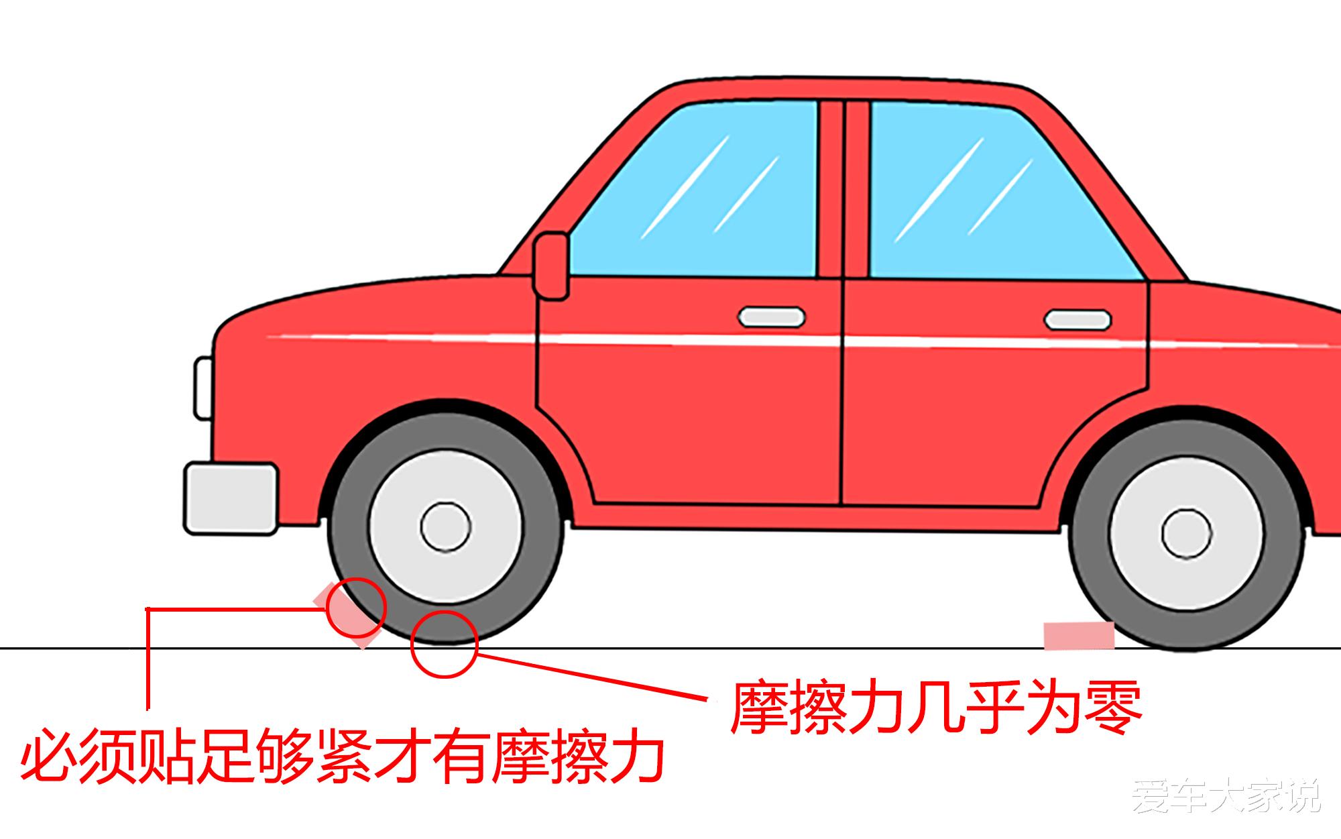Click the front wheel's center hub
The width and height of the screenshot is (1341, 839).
[x=445, y=526]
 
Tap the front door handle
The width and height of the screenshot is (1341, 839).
[x=771, y=317]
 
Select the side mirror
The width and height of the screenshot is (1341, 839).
[x=551, y=266]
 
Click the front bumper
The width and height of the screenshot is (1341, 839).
[x=231, y=498]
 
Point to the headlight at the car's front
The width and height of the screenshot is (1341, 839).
[x=202, y=388]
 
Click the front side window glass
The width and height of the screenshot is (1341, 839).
[x=697, y=191]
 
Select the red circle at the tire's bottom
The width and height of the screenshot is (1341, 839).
[x=444, y=644]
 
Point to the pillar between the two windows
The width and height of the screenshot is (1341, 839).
[x=843, y=188]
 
